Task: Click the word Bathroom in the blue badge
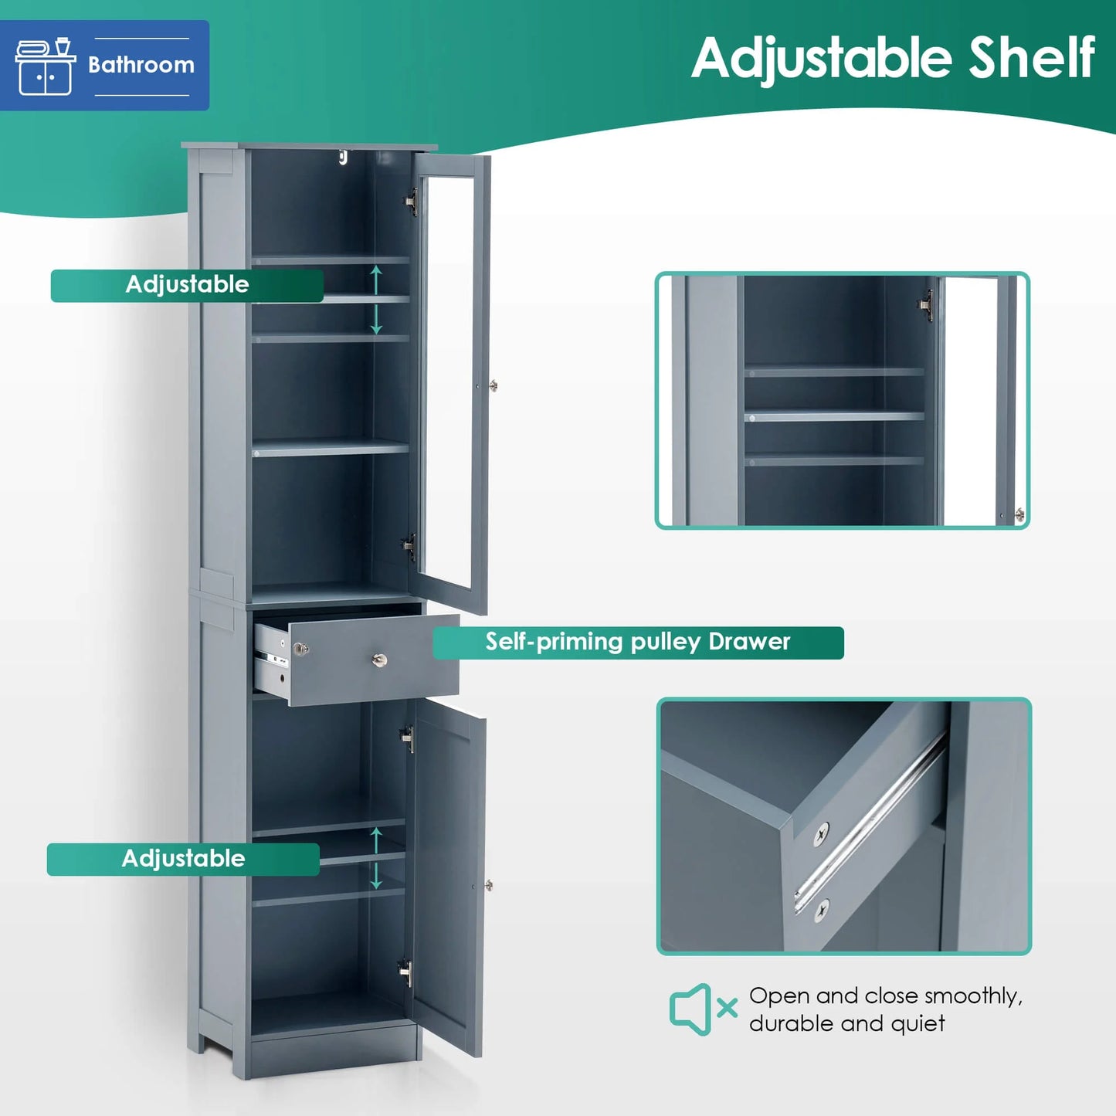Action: click(x=141, y=65)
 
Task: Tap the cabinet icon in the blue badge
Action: click(x=45, y=66)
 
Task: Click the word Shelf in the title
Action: click(x=1032, y=58)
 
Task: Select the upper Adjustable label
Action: click(x=187, y=286)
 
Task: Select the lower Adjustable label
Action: click(x=183, y=860)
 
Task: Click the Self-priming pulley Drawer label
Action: click(x=638, y=643)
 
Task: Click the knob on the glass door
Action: click(x=494, y=385)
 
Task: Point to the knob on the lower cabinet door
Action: click(x=489, y=884)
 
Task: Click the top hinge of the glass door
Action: click(x=411, y=202)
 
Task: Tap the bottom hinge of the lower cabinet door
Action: click(x=406, y=972)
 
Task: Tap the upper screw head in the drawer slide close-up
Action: click(x=821, y=835)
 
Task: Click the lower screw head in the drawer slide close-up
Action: click(x=821, y=911)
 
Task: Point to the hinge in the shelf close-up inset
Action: click(x=926, y=305)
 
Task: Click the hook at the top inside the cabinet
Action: click(x=344, y=157)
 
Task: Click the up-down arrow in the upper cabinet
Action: click(x=376, y=300)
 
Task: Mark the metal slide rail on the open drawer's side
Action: click(x=271, y=660)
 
